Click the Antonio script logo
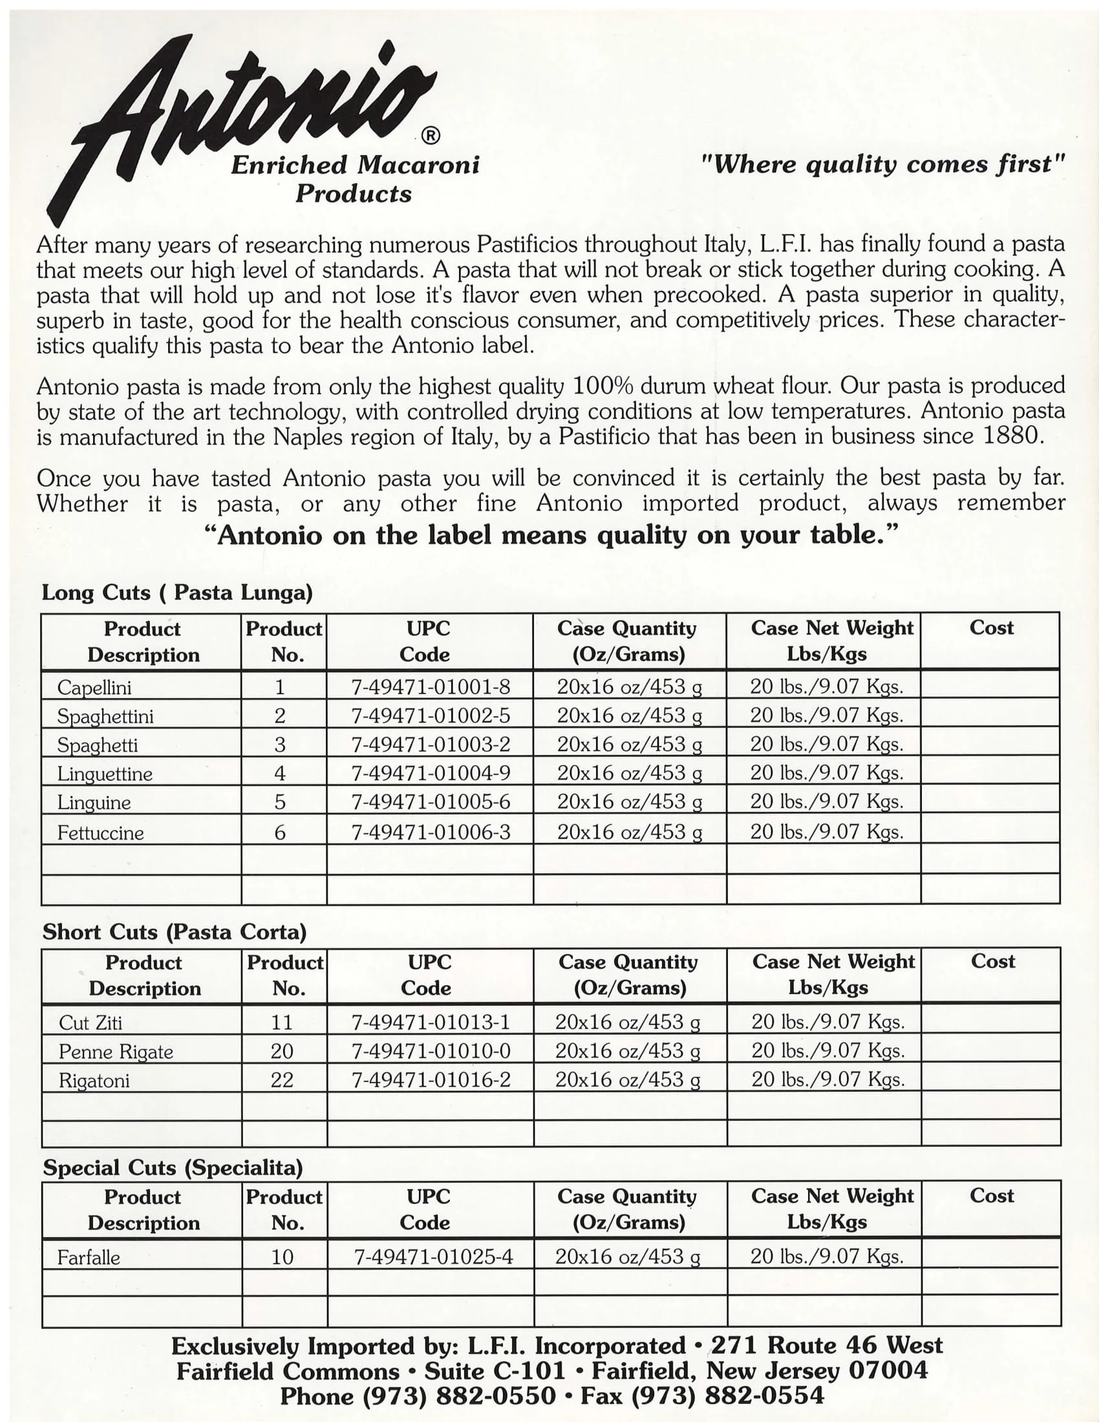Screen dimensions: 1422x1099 tap(248, 111)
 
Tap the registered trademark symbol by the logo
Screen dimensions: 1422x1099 tap(431, 136)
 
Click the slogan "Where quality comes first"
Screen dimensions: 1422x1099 tap(883, 164)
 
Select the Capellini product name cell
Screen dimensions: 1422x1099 tap(94, 688)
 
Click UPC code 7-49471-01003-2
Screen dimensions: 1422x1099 tap(431, 744)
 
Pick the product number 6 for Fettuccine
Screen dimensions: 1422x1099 tap(280, 832)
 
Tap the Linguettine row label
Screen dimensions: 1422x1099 tap(105, 774)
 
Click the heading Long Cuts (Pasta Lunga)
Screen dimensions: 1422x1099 tap(177, 593)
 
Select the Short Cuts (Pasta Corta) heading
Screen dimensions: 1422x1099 tap(175, 931)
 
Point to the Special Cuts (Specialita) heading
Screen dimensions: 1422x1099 tap(173, 1167)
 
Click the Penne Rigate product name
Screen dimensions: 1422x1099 tap(116, 1052)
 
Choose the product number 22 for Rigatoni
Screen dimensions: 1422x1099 tap(282, 1080)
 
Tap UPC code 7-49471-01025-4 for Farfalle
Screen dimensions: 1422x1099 tap(433, 1257)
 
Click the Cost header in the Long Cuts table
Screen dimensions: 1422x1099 tap(991, 628)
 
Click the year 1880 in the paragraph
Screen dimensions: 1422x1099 tap(1013, 436)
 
